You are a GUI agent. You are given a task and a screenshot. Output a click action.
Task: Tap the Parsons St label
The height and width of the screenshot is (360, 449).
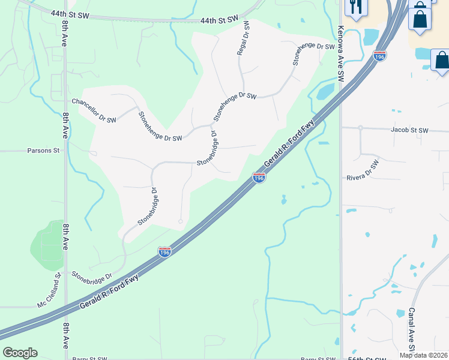[x=44, y=151]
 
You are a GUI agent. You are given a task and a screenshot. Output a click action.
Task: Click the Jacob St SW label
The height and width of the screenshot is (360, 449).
[x=409, y=130]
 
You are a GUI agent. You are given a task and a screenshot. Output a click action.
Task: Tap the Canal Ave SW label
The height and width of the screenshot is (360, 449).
[x=412, y=330]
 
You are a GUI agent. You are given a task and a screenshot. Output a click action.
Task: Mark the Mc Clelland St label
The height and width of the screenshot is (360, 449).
[x=50, y=292]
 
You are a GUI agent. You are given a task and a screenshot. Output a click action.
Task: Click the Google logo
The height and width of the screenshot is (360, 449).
[x=20, y=353]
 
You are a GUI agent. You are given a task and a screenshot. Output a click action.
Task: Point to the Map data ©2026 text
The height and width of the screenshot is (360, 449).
[x=423, y=355]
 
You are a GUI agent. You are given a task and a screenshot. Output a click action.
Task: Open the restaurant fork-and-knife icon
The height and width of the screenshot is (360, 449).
[x=356, y=7]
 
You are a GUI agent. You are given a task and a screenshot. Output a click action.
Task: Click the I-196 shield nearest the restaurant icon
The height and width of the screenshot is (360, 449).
[x=379, y=55]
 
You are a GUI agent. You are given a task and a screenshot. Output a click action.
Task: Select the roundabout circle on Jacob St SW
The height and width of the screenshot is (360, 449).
[x=360, y=128]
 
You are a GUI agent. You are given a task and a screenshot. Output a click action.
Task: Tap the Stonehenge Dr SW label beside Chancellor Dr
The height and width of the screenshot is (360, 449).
[x=160, y=127]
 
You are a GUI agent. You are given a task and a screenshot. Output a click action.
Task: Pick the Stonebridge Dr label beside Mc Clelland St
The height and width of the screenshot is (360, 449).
[x=92, y=277]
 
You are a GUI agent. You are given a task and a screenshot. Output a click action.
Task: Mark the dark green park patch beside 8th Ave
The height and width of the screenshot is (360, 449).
[x=47, y=246]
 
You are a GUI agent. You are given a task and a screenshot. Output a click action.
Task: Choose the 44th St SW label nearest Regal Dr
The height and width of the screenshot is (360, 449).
[x=216, y=20]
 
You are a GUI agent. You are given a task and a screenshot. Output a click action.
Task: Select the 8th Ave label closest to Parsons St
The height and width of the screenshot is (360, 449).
[x=65, y=125]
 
